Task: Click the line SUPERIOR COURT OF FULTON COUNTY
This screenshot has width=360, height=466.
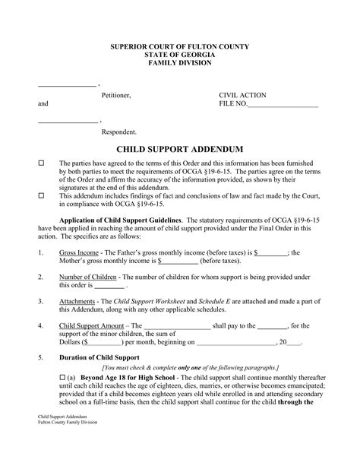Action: pyautogui.click(x=180, y=47)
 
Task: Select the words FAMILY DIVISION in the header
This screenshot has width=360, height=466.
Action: pyautogui.click(x=180, y=65)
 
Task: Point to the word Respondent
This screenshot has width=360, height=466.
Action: pyautogui.click(x=119, y=132)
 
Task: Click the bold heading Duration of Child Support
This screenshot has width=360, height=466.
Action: pyautogui.click(x=100, y=357)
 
